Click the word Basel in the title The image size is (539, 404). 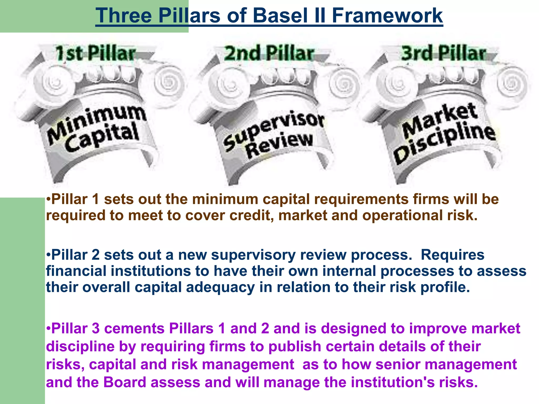click(280, 16)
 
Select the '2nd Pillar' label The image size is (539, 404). click(269, 53)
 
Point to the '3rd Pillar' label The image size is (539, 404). click(443, 53)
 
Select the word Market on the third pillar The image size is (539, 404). click(440, 120)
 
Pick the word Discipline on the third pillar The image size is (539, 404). click(445, 142)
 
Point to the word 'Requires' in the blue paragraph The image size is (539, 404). click(452, 255)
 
